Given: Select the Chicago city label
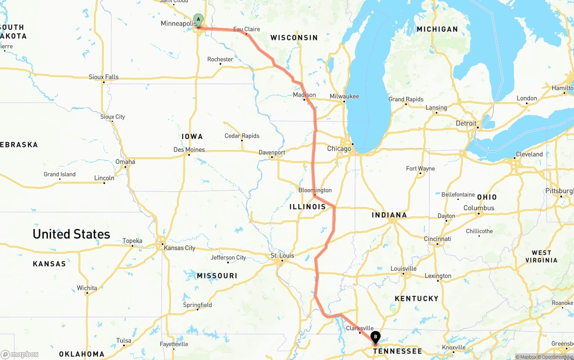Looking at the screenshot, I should (339, 149).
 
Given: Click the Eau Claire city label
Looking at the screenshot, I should (246, 29).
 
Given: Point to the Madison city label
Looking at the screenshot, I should (304, 95).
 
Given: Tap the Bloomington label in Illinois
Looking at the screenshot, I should (315, 190).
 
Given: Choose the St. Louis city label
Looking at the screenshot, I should (282, 256).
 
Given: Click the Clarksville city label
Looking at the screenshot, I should (360, 328).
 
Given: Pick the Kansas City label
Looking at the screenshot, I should (179, 248).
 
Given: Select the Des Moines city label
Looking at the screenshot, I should (189, 150).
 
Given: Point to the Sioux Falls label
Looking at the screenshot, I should (104, 77).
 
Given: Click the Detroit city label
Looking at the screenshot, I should (466, 123).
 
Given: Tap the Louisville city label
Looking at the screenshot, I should (403, 269).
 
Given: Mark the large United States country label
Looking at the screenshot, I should (71, 234).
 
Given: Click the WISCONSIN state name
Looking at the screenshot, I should (294, 38).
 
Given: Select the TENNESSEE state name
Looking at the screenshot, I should (397, 351).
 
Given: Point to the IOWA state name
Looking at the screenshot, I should (192, 136).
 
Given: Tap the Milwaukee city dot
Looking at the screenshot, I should (344, 102).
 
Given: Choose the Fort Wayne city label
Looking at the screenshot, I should (420, 169).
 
